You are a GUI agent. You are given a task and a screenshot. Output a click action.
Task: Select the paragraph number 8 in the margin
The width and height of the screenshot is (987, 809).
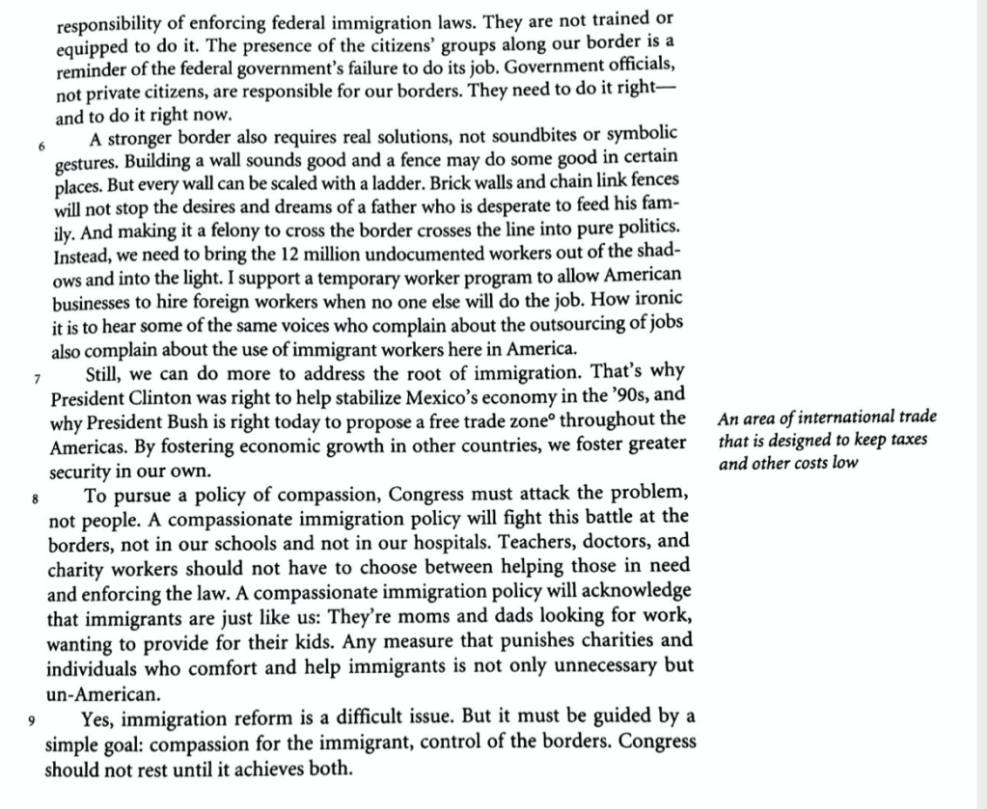coord(36,499)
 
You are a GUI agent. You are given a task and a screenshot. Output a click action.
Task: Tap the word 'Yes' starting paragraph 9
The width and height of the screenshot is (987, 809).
coord(99,717)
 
